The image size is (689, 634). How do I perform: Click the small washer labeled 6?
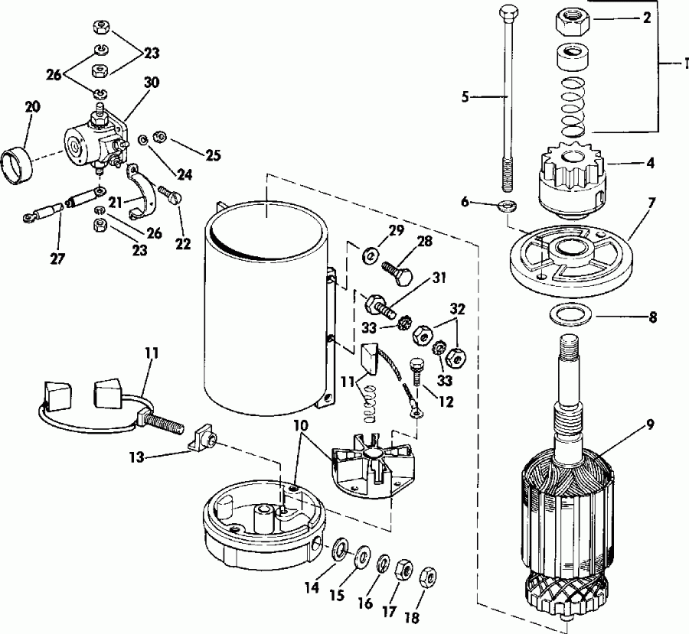point(506,206)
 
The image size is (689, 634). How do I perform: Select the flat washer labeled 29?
point(371,252)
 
